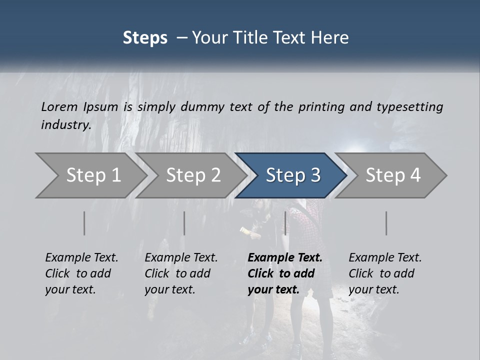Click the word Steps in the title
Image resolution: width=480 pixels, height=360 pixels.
click(145, 38)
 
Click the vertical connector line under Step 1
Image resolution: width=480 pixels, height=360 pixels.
click(84, 223)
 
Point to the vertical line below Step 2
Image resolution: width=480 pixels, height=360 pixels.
click(184, 223)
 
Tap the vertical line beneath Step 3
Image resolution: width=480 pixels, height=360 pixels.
click(285, 223)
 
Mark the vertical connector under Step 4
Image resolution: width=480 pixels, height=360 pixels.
click(386, 223)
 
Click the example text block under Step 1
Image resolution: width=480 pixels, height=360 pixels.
click(81, 273)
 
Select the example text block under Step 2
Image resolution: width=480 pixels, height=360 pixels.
click(181, 273)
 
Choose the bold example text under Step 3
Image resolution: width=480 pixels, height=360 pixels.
click(285, 273)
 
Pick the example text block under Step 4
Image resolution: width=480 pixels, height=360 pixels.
click(385, 273)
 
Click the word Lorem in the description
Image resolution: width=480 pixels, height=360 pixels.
click(59, 107)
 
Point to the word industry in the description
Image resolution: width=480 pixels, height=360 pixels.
click(66, 125)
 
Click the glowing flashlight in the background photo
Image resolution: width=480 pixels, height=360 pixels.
click(245, 230)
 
